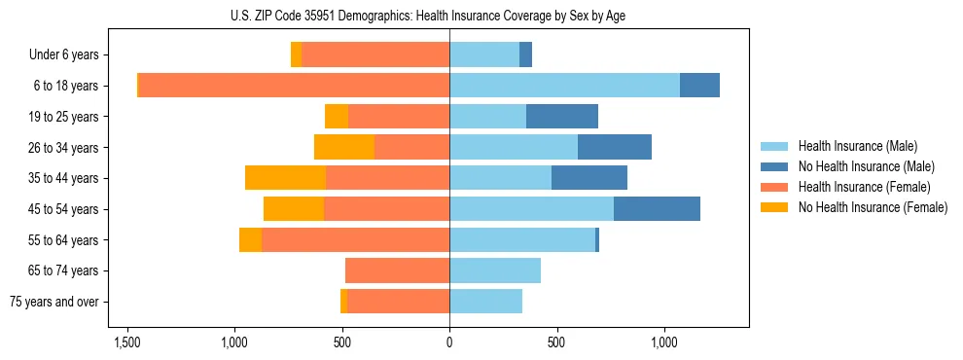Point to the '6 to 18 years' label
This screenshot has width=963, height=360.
(66, 86)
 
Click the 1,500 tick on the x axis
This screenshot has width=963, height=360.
(127, 342)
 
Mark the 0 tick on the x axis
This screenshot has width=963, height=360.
(449, 342)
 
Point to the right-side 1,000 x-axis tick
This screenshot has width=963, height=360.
(664, 342)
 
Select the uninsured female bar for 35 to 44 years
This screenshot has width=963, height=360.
(285, 178)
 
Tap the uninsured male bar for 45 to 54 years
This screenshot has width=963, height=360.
(657, 209)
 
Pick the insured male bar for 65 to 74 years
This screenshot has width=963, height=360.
(495, 270)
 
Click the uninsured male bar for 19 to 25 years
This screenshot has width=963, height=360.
(562, 117)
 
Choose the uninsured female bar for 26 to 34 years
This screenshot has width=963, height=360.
(344, 147)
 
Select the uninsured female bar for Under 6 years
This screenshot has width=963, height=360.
(296, 55)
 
